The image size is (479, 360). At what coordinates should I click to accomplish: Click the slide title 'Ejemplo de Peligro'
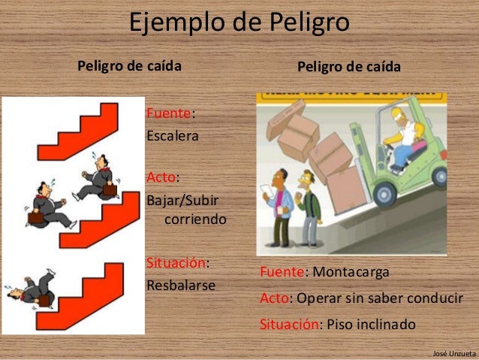click(x=239, y=23)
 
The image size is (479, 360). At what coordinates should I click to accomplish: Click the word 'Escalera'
click(x=172, y=138)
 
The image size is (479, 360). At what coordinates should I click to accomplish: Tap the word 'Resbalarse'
click(x=180, y=286)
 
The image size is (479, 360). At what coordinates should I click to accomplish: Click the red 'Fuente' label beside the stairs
click(x=169, y=113)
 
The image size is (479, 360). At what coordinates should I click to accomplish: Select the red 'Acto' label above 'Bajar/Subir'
click(x=160, y=178)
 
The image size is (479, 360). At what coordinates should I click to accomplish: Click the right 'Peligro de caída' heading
click(x=349, y=67)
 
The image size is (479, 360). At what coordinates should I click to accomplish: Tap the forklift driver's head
click(x=399, y=119)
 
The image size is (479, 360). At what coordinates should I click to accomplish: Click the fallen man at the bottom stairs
click(x=30, y=289)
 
